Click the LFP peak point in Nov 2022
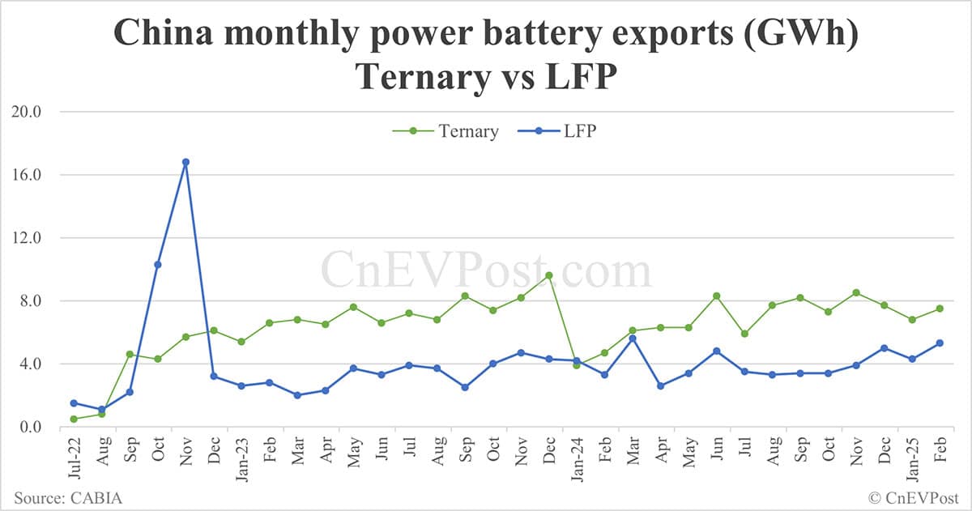point(185,162)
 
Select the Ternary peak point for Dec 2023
point(548,275)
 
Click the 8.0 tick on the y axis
point(30,301)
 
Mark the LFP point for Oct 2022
point(158,265)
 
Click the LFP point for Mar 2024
point(633,339)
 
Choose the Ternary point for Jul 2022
point(74,419)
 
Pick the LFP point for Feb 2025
point(939,343)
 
